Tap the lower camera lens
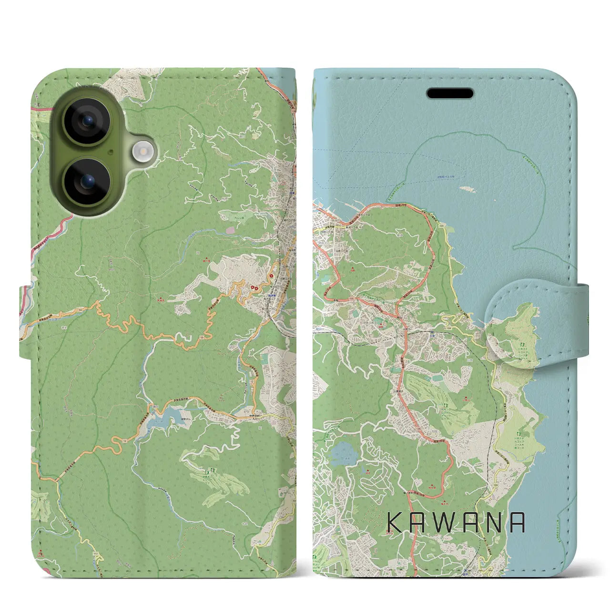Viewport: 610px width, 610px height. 87,181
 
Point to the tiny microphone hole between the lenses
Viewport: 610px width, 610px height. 111,152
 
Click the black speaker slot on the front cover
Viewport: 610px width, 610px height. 450,93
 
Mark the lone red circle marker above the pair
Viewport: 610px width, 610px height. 272,275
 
